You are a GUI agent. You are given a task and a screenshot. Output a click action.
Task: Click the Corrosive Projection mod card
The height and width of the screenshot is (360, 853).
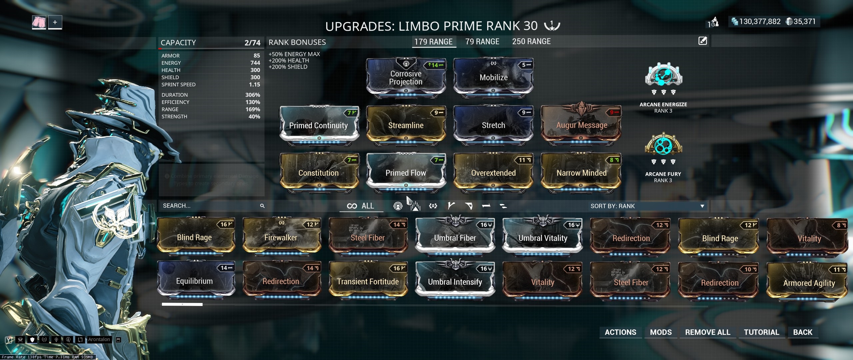(406, 78)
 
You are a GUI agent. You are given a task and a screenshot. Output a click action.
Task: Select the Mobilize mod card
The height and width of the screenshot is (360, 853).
(493, 78)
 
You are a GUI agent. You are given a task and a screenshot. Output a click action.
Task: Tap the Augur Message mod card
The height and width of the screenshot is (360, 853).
(581, 125)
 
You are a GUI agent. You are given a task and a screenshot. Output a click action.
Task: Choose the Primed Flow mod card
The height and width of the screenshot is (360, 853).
(406, 173)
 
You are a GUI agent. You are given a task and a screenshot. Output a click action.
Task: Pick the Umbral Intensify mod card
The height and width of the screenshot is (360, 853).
(455, 282)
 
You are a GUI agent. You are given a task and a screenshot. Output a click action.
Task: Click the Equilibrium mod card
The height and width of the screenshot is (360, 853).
(195, 281)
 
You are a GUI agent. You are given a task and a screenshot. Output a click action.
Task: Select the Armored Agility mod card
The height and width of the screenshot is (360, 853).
(809, 283)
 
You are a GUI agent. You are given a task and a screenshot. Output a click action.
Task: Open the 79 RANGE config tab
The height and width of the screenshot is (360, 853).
(482, 42)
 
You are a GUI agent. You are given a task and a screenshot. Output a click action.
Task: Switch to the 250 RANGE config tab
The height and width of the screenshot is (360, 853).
(531, 42)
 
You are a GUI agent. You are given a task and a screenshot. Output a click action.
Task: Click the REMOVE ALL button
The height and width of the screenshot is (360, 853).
(708, 332)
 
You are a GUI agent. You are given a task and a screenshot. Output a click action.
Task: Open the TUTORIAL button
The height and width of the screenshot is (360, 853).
(762, 332)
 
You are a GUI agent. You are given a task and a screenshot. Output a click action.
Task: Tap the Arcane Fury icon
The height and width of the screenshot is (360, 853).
(663, 145)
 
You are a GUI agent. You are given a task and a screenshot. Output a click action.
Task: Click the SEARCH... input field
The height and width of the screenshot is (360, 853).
(210, 206)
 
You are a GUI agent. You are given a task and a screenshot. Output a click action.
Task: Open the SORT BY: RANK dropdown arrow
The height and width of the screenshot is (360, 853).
(702, 206)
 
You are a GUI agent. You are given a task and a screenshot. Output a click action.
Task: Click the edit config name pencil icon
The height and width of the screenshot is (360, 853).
(703, 41)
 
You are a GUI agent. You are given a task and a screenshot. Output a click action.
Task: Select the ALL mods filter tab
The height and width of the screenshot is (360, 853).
(361, 206)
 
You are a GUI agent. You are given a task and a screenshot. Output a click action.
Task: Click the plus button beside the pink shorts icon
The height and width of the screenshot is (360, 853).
(55, 22)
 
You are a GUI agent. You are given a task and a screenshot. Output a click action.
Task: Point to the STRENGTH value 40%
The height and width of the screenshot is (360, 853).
(254, 117)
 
